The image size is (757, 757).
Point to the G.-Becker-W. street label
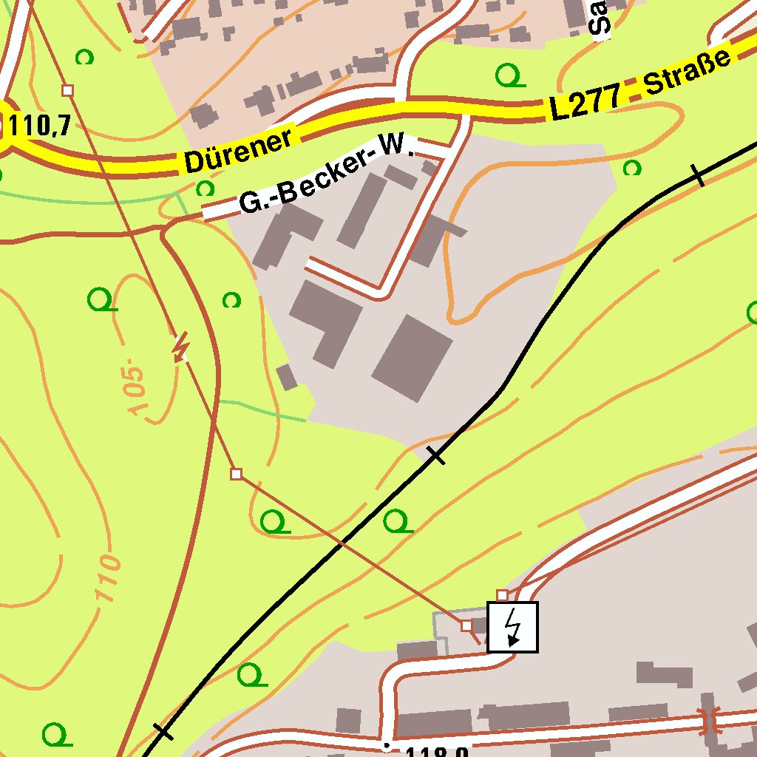(x=325, y=174)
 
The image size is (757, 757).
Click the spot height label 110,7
(x=40, y=126)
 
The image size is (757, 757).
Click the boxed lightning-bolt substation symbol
(x=512, y=627)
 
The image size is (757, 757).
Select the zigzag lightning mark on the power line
(x=180, y=347)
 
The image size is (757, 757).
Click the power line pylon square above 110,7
(x=68, y=90)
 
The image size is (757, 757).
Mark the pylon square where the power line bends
(x=236, y=474)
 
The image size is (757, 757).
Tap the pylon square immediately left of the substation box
(x=466, y=625)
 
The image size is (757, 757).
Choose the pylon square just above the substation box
(x=502, y=595)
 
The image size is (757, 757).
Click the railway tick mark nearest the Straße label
(x=697, y=175)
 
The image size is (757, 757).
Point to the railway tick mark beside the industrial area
(x=437, y=455)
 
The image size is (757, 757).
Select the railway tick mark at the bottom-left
(x=163, y=732)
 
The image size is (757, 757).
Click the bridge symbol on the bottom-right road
(x=710, y=721)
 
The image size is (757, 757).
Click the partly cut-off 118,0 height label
(x=436, y=751)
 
